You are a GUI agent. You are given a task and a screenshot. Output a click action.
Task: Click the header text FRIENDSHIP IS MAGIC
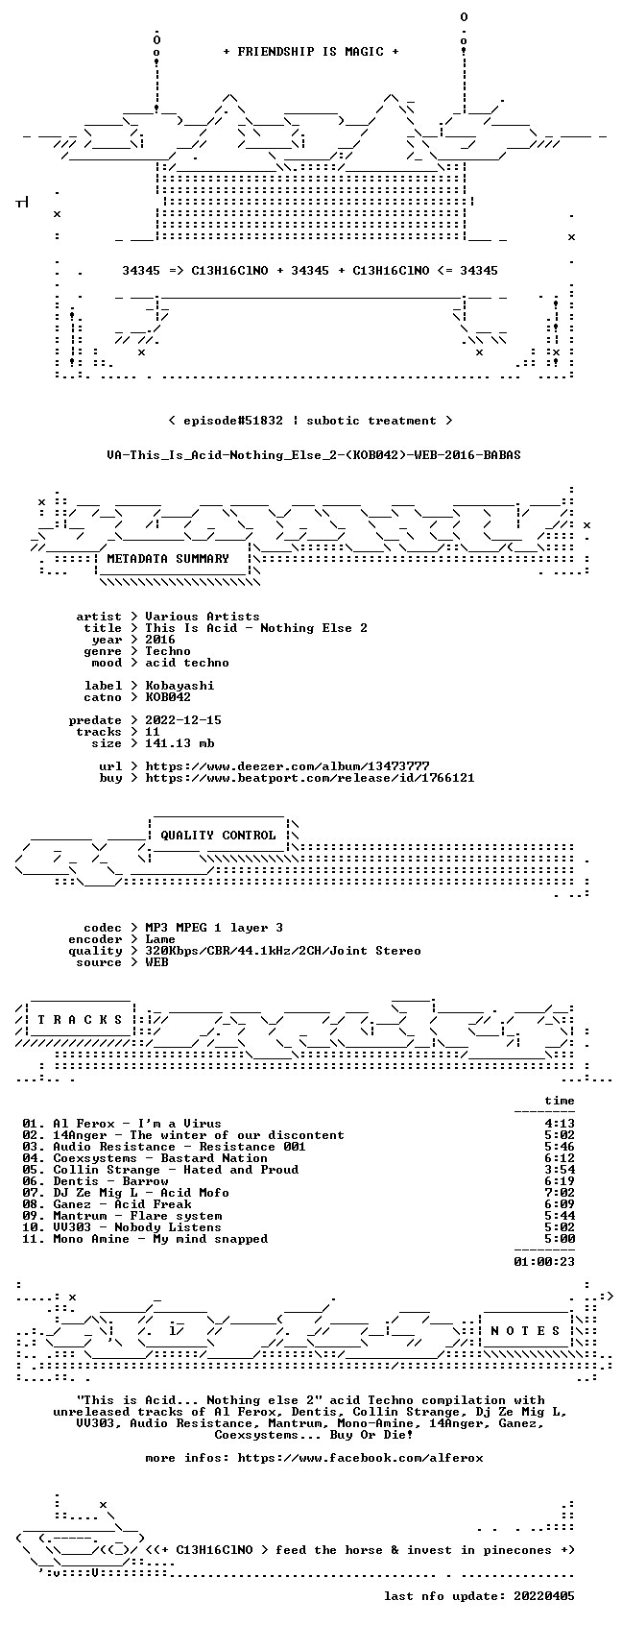point(310,52)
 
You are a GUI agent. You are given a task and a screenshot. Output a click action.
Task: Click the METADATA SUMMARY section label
point(167,559)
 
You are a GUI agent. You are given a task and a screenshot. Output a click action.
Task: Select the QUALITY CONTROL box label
point(218,835)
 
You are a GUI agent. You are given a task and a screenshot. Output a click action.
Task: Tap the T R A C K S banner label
point(80,1019)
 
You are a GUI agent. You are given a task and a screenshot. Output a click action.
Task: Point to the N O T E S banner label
point(526,1330)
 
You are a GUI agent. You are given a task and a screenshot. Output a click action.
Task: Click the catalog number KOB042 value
point(168,697)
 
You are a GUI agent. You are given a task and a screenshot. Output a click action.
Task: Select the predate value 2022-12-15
point(183,720)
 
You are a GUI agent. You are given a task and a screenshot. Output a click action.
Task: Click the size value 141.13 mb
point(179,743)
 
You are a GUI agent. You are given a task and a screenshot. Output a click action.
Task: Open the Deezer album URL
point(287,766)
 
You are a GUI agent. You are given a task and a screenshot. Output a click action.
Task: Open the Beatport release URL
point(310,778)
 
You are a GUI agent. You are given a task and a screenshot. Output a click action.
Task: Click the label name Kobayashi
point(179,686)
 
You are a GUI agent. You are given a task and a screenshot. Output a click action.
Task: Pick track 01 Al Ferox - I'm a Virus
point(122,1124)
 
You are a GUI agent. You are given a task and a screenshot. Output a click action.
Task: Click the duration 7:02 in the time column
point(560,1193)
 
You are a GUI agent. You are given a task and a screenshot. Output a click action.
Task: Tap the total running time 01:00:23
point(544,1262)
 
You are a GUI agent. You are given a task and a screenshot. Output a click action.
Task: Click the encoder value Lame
point(160,939)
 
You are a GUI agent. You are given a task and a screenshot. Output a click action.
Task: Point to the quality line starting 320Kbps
point(283,951)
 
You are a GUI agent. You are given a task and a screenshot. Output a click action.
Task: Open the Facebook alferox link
point(360,1458)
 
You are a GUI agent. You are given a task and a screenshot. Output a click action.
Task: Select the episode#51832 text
point(232,421)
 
